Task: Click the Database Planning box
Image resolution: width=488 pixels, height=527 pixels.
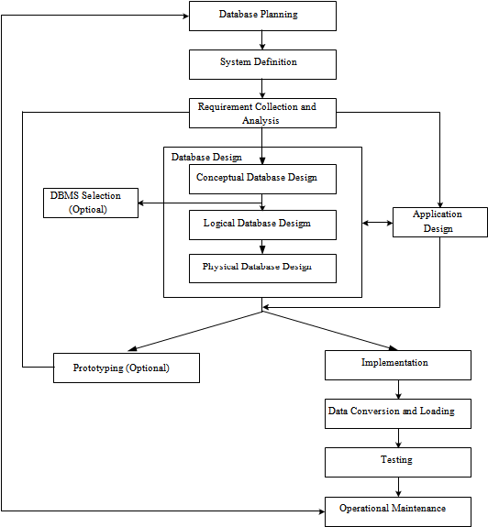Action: [x=262, y=16]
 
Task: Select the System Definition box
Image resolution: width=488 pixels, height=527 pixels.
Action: [x=262, y=64]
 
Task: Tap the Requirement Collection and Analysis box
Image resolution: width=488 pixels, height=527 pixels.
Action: [x=262, y=113]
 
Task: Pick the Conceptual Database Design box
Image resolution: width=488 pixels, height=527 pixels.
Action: [x=262, y=179]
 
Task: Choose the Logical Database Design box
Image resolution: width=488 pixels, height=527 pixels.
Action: [x=262, y=225]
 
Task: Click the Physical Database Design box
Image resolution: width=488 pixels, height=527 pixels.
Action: [x=262, y=269]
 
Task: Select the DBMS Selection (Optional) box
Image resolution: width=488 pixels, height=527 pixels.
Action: [x=91, y=203]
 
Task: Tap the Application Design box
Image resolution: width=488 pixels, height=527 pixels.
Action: [x=440, y=222]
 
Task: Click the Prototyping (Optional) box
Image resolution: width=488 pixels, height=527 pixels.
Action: [x=127, y=368]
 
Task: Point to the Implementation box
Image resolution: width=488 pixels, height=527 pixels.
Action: [x=398, y=366]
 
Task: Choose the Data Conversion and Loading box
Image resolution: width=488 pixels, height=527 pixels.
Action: [x=398, y=413]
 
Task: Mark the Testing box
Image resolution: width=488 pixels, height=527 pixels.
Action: [x=398, y=462]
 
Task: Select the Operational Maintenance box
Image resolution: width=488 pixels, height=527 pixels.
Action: [x=398, y=511]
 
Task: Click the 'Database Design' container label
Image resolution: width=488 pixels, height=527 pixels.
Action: [x=206, y=158]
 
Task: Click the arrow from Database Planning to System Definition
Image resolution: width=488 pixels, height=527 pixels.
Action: [x=262, y=40]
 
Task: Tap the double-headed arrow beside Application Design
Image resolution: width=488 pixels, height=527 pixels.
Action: [x=377, y=223]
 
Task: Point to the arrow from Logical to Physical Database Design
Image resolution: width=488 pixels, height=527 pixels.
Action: [x=262, y=247]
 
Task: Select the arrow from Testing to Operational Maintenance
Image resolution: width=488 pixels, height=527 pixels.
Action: [x=398, y=487]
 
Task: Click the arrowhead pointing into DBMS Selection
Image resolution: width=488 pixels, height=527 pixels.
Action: [x=141, y=203]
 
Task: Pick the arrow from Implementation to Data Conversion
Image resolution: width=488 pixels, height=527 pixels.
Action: [x=398, y=390]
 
